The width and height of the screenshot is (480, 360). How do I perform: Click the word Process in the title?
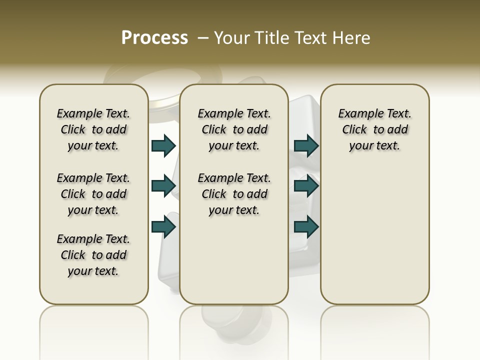(154, 37)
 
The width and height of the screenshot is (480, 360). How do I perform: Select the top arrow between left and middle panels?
(163, 145)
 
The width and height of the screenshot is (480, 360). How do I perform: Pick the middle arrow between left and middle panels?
(163, 186)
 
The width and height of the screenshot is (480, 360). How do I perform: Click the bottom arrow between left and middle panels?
(163, 226)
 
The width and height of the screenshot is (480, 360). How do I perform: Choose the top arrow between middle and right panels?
(306, 145)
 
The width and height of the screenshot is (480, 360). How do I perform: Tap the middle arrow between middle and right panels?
(306, 186)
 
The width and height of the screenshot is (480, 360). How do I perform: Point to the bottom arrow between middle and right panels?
(306, 226)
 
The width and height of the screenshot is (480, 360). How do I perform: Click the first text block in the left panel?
(93, 129)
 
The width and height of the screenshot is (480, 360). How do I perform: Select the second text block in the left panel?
(93, 194)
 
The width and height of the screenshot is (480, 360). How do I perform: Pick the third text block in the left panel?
(93, 255)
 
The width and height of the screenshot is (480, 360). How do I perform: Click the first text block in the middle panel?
(234, 129)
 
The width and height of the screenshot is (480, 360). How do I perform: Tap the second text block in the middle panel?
(234, 194)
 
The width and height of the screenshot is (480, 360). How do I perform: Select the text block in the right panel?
(374, 129)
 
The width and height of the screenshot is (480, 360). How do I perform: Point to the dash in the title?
(203, 37)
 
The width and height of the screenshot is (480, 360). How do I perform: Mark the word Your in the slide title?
(232, 37)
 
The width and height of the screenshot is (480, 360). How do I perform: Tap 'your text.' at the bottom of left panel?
(93, 271)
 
